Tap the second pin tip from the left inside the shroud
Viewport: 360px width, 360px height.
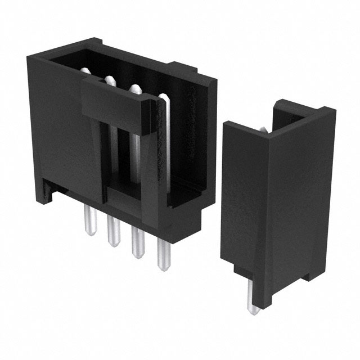[109, 80]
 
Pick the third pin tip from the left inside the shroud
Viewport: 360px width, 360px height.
[135, 89]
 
